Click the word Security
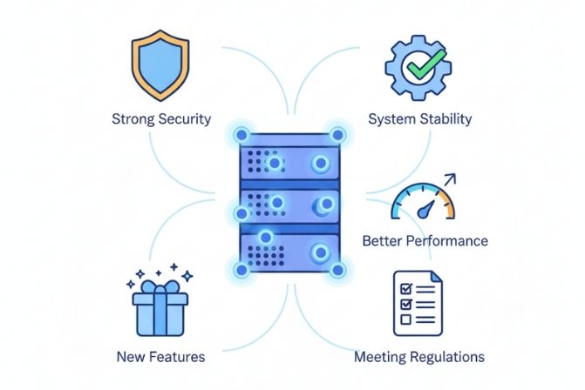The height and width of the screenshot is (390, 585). click(x=185, y=118)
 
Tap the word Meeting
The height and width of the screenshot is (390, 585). click(x=380, y=357)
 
